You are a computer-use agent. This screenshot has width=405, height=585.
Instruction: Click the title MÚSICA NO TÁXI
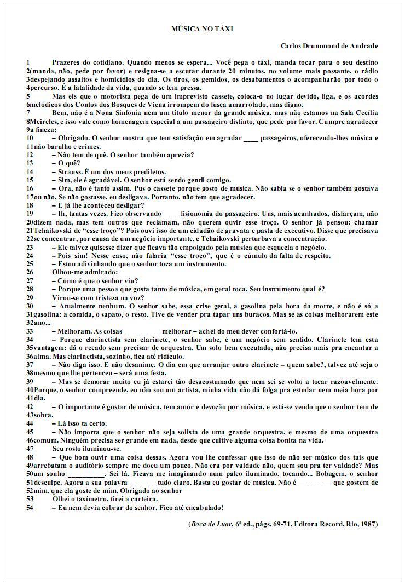[202, 28]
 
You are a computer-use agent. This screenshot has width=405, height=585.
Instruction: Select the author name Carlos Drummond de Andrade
[329, 46]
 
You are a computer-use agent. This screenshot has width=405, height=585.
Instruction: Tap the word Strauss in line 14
[69, 171]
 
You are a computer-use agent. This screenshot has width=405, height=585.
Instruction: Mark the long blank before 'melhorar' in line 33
[142, 331]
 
